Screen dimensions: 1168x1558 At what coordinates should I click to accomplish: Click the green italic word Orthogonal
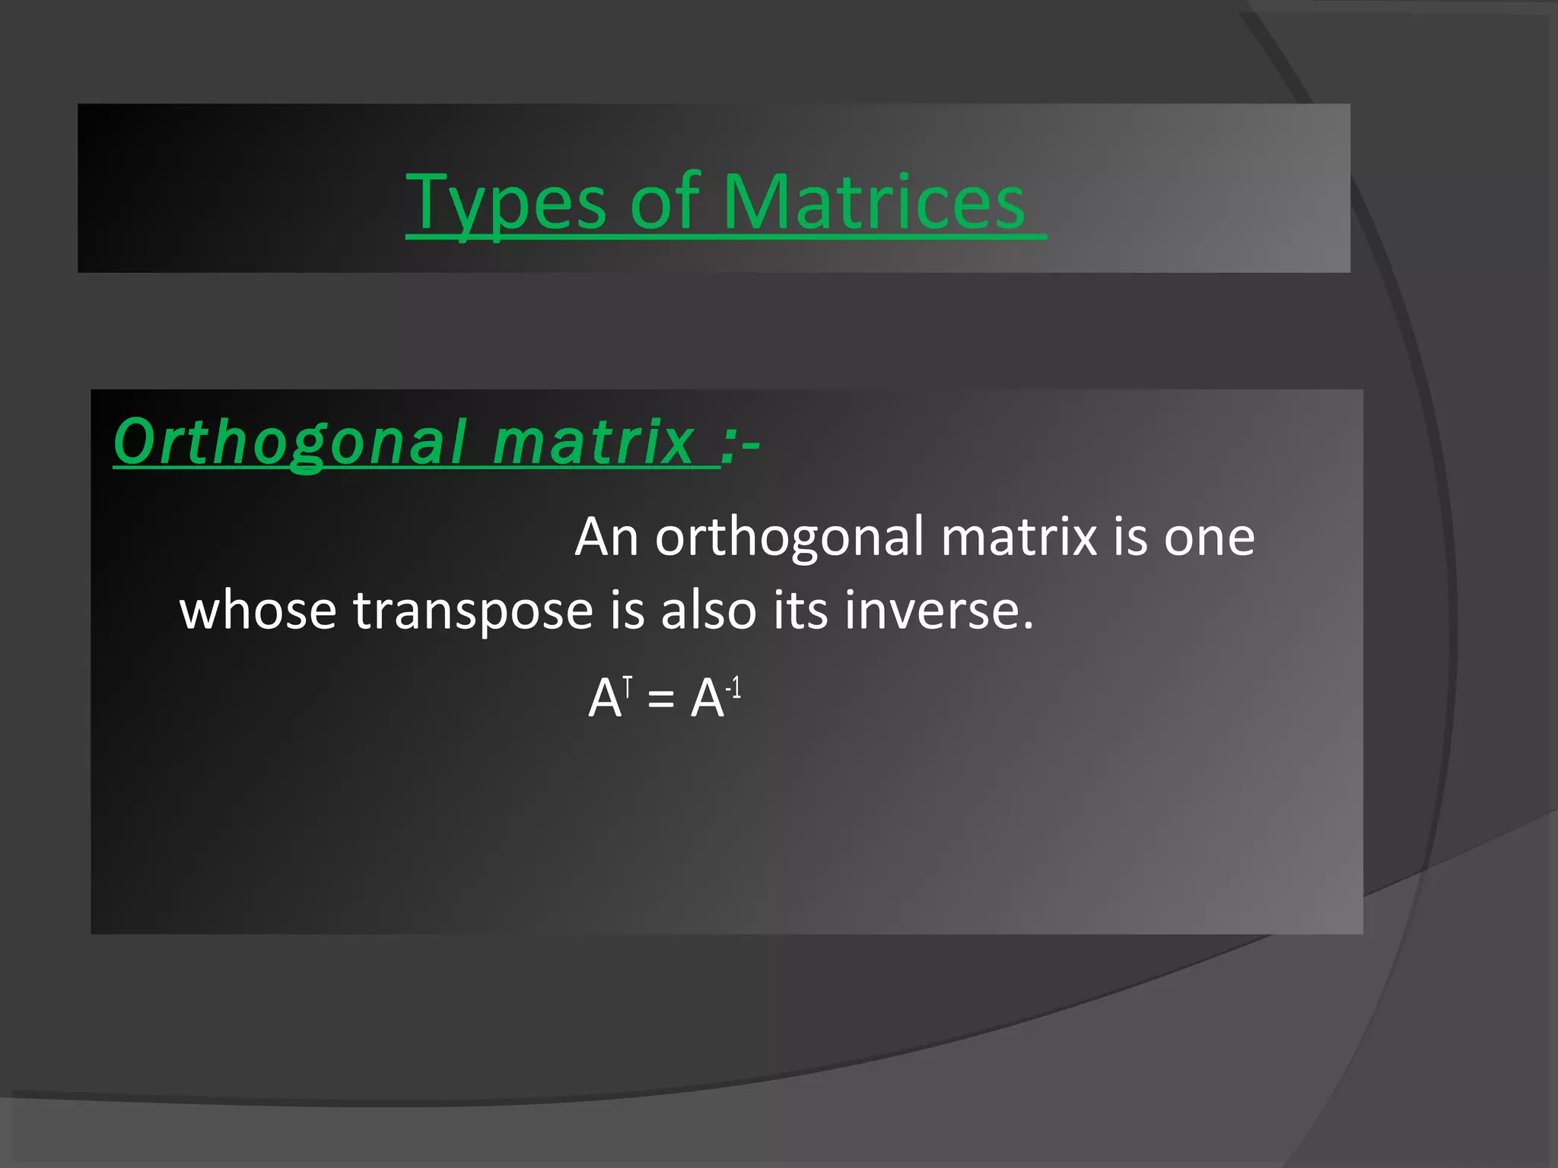point(289,443)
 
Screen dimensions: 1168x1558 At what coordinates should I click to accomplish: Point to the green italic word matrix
point(593,443)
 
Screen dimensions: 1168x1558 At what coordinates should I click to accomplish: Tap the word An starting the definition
point(606,537)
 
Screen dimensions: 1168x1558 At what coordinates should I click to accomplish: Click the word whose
point(258,610)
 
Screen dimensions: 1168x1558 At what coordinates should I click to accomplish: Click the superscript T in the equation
point(628,687)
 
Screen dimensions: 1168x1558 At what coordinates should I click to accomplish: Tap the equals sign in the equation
point(660,700)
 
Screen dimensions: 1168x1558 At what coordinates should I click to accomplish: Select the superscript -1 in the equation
point(733,689)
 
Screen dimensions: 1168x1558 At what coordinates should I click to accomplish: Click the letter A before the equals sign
point(605,699)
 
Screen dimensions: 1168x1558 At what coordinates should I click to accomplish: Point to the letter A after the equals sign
point(707,699)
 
